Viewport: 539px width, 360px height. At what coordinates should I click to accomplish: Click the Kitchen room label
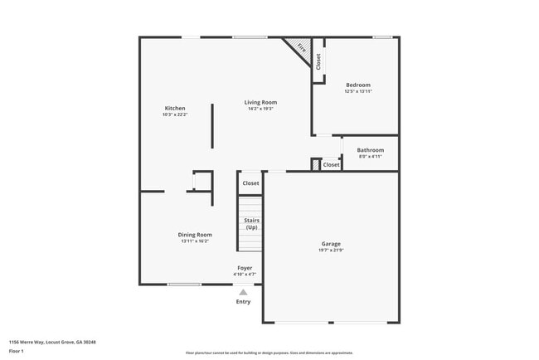coord(174,108)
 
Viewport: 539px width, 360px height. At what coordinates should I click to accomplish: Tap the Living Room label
coord(260,102)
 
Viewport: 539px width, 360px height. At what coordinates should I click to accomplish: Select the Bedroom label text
coord(357,85)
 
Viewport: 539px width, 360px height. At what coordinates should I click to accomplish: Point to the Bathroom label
coord(370,150)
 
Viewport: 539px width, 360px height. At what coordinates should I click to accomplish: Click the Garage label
coord(331,244)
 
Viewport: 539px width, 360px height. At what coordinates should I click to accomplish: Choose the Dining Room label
coord(195,235)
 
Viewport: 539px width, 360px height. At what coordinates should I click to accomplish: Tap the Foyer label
coord(245,268)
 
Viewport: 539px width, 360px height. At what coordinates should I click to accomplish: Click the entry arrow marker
coord(243,292)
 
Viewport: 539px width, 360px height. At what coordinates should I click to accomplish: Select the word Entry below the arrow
coord(243,302)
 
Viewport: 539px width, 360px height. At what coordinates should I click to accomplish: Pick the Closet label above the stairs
coord(250,182)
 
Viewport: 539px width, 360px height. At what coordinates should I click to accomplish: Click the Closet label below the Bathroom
coord(331,165)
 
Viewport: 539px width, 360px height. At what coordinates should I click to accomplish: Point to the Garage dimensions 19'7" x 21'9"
coord(331,251)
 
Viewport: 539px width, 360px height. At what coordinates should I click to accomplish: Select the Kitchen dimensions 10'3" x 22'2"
coord(174,114)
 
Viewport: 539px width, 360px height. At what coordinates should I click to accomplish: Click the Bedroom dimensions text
coord(357,91)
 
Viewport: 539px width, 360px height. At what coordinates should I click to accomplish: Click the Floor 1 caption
coord(17,351)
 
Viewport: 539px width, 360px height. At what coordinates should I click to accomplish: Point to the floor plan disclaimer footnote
coord(269,353)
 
